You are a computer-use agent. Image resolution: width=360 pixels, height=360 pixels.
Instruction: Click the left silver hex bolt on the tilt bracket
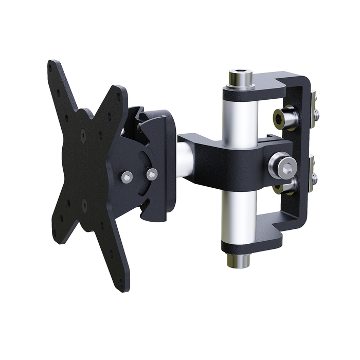tap(128, 177)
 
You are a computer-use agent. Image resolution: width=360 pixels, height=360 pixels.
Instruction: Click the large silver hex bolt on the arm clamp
tap(282, 166)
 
